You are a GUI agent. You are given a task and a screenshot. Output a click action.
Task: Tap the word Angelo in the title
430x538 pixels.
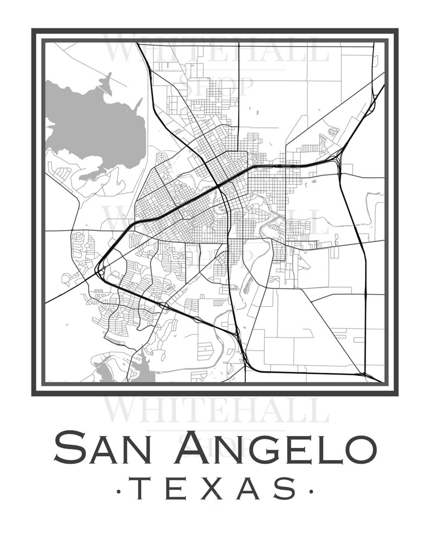276,448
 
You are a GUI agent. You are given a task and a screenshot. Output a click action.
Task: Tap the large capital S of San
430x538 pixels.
68,448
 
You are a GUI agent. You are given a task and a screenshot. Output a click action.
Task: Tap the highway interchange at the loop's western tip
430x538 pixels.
99,270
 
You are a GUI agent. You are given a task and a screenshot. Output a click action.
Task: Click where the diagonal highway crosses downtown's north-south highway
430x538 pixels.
218,186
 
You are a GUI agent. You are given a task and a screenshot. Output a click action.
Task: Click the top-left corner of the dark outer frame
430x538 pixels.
34,30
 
